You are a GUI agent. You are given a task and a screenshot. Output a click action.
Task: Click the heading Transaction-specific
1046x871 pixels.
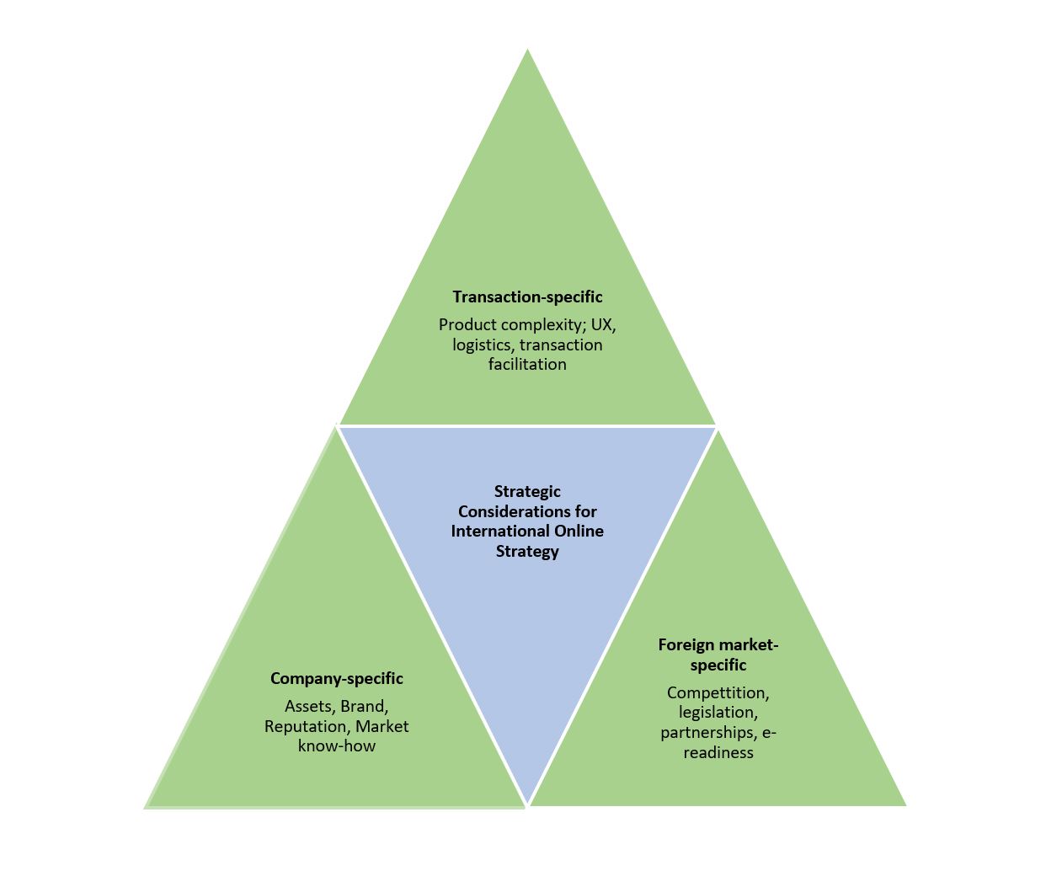(x=527, y=297)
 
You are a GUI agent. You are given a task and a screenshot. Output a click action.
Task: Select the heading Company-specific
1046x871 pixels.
(x=337, y=679)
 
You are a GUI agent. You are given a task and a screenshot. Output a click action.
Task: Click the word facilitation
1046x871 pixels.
(x=527, y=365)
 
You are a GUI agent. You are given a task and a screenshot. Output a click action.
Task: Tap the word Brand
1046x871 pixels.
(x=364, y=707)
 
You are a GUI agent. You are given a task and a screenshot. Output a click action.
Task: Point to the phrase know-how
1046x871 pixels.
(x=337, y=745)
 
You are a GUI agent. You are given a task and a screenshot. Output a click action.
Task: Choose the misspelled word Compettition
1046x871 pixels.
(x=718, y=693)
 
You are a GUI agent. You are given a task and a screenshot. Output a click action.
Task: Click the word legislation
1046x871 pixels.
(x=718, y=713)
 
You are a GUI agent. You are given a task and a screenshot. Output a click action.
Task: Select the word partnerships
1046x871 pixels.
(x=707, y=733)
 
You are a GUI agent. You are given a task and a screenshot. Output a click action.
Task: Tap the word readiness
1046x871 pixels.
(x=718, y=752)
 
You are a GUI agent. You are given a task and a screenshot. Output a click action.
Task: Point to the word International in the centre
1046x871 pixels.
(x=493, y=532)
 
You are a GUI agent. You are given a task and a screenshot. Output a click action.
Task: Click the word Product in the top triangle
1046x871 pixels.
(x=468, y=325)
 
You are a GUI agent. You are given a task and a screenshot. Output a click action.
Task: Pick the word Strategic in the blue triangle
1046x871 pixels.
(x=527, y=492)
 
